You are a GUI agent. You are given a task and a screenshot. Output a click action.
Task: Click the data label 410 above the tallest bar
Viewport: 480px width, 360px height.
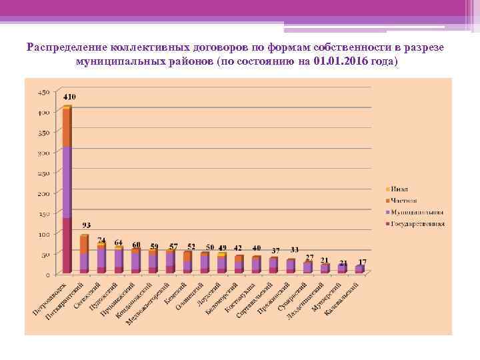coord(69,97)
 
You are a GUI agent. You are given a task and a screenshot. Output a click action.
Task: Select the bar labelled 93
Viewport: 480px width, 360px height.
coord(84,254)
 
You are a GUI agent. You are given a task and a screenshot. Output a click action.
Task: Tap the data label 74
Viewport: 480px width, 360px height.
coord(101,240)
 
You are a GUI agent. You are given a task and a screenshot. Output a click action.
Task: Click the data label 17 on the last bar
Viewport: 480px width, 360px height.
coord(363,261)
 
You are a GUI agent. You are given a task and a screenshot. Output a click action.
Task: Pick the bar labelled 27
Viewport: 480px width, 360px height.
coord(308,267)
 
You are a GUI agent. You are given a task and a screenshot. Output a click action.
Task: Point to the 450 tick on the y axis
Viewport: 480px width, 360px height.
coord(43,91)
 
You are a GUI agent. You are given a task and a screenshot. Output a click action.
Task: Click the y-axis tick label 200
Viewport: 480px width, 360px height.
coord(43,193)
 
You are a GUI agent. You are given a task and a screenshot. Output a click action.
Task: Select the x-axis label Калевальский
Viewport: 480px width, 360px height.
coord(341,299)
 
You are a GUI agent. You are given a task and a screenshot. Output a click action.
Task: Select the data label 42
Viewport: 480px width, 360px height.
coord(239,248)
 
